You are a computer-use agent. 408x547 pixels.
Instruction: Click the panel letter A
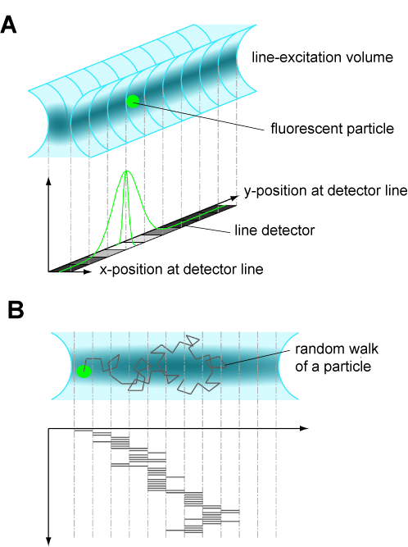(8, 25)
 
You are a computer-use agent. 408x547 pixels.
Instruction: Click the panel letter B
(16, 310)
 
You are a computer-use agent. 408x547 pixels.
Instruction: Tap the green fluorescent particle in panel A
(133, 101)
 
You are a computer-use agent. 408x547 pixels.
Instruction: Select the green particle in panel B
(84, 372)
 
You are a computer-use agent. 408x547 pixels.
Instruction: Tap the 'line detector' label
(274, 230)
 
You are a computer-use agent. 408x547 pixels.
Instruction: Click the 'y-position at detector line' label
(326, 191)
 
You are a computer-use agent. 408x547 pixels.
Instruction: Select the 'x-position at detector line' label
(182, 269)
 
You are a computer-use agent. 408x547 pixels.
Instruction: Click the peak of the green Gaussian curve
(127, 171)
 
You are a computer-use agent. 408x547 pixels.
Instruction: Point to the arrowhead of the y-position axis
(235, 198)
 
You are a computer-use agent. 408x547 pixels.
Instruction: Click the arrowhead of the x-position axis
(88, 271)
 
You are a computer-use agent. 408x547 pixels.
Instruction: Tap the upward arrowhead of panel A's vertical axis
(49, 181)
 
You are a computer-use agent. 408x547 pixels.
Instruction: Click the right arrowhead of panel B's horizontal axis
(305, 428)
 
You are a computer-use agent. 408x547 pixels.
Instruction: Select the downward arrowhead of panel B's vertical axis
(49, 541)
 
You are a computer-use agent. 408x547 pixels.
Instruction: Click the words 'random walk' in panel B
(337, 349)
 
